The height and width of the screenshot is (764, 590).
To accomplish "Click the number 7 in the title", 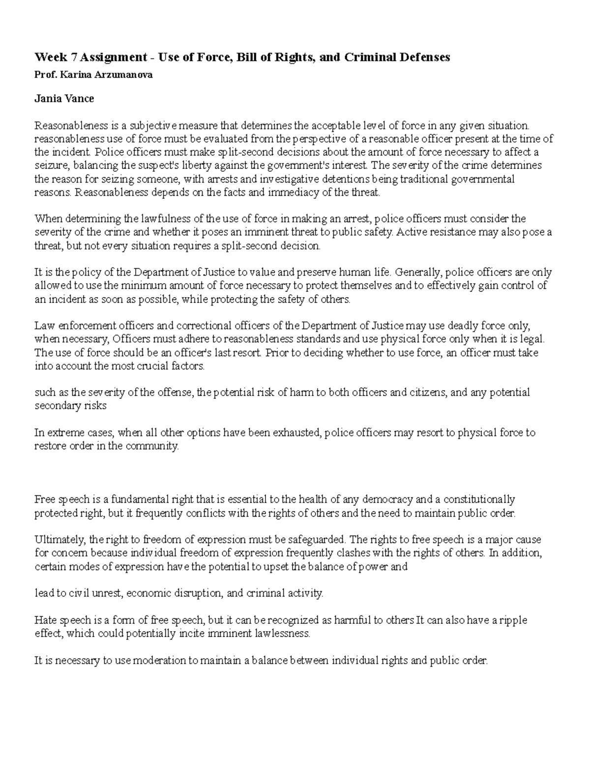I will [74, 58].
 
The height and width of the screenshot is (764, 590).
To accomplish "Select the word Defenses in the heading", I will [425, 58].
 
